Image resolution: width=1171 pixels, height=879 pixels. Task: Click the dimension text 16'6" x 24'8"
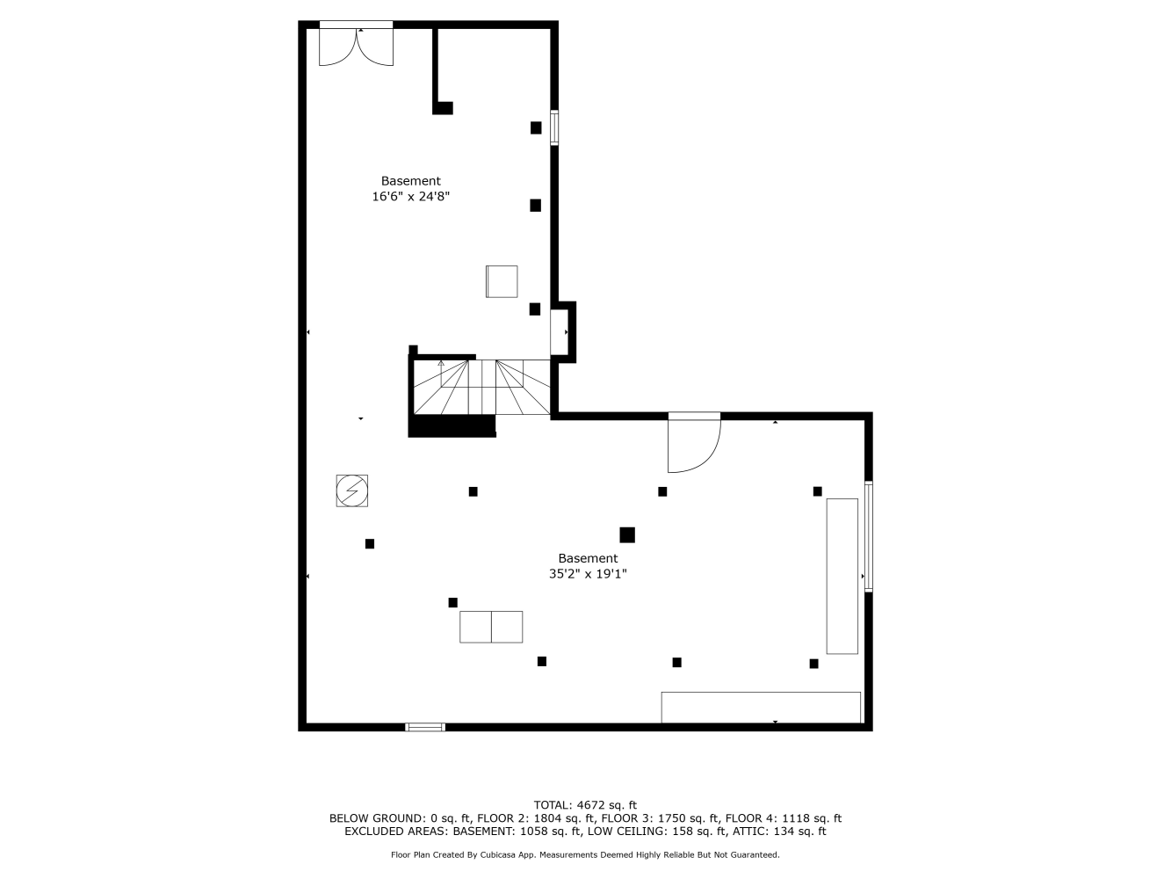(410, 197)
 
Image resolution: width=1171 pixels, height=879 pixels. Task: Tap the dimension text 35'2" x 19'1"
(588, 574)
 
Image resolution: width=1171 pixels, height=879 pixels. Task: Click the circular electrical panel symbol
(351, 490)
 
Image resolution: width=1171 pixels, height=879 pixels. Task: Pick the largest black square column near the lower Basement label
(627, 534)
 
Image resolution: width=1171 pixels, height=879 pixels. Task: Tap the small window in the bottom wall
(425, 727)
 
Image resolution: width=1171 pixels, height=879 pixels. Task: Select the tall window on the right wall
(869, 536)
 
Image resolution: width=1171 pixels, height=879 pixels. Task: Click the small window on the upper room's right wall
(554, 127)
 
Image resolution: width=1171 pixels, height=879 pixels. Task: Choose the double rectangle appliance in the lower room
(491, 627)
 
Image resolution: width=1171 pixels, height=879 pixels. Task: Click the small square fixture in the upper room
(501, 281)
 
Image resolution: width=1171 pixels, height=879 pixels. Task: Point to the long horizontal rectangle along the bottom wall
(761, 708)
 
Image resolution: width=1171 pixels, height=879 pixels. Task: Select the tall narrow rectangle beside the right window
(842, 576)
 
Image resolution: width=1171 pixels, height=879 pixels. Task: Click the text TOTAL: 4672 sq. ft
(585, 804)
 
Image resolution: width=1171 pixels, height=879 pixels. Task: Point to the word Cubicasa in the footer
(502, 854)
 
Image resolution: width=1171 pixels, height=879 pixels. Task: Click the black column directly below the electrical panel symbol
(370, 544)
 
